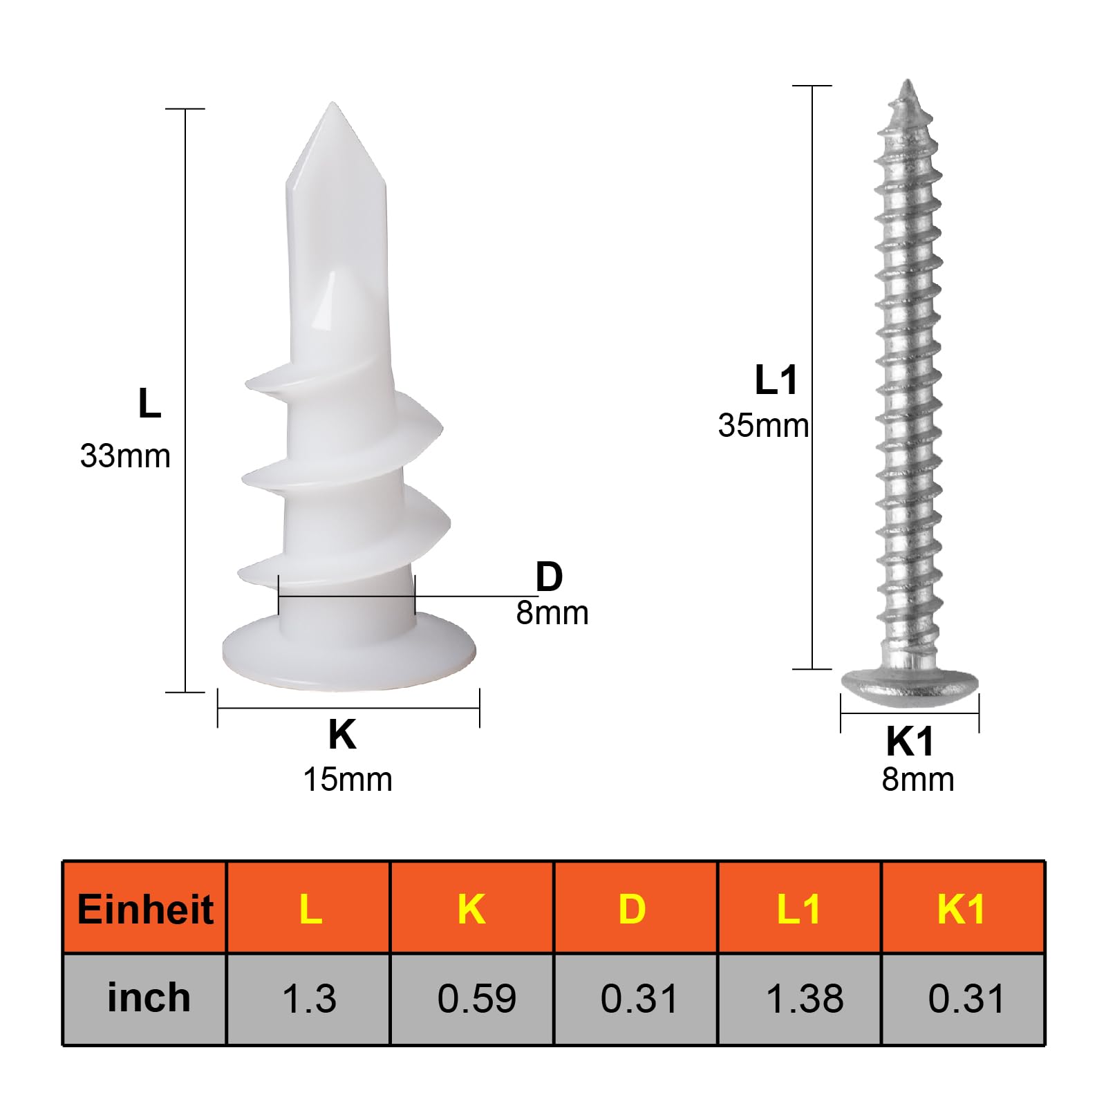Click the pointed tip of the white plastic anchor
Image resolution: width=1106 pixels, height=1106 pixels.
click(332, 104)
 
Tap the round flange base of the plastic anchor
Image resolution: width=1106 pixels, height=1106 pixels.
click(349, 653)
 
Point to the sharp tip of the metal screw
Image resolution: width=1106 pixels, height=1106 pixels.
click(907, 82)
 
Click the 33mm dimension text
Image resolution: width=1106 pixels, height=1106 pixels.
click(125, 456)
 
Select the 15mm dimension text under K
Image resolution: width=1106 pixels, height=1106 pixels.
click(348, 779)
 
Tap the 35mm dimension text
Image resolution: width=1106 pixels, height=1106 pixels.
click(763, 426)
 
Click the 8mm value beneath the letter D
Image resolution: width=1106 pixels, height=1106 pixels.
click(552, 613)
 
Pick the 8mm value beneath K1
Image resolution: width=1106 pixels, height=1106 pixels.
click(918, 779)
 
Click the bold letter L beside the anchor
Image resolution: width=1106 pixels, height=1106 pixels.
click(150, 403)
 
